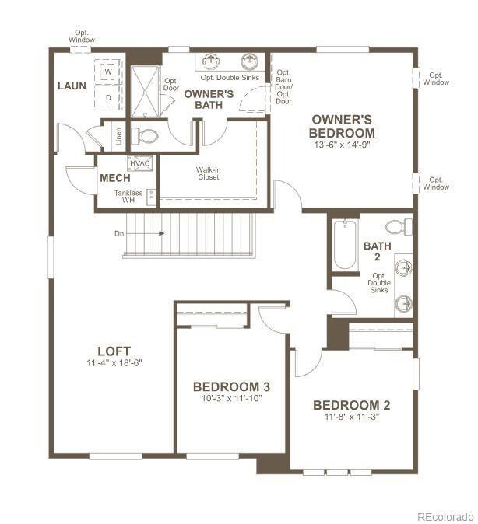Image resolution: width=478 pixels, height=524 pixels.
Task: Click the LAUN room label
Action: click(x=72, y=86)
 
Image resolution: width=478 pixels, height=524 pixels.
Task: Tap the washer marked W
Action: click(x=107, y=72)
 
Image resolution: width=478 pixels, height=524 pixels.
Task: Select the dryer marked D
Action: click(x=107, y=98)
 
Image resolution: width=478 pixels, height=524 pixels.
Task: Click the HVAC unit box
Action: click(x=140, y=163)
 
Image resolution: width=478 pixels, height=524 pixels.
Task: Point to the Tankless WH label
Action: click(x=128, y=197)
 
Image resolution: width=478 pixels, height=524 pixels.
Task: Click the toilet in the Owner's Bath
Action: click(x=145, y=136)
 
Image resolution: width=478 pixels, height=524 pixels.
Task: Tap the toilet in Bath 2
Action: click(x=399, y=227)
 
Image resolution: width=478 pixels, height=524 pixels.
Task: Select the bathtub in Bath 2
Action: click(x=345, y=244)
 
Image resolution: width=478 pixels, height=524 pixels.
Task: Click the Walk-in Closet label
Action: click(x=208, y=173)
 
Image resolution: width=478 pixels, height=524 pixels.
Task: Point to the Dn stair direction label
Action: click(x=119, y=233)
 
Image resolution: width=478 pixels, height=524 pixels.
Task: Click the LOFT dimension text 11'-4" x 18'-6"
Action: click(x=114, y=362)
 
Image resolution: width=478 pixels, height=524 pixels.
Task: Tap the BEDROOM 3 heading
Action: click(x=231, y=386)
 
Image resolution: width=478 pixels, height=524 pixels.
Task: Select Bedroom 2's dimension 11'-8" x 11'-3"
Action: click(x=351, y=417)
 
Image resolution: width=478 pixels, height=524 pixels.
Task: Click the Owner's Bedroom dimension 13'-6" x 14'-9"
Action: click(x=342, y=145)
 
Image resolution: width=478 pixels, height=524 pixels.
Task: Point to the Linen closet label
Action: click(x=119, y=136)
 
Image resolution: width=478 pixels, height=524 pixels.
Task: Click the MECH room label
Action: click(x=115, y=178)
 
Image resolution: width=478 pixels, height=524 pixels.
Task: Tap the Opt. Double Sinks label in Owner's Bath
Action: click(x=230, y=78)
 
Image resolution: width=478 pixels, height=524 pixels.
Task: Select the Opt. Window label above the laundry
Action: click(x=82, y=36)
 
